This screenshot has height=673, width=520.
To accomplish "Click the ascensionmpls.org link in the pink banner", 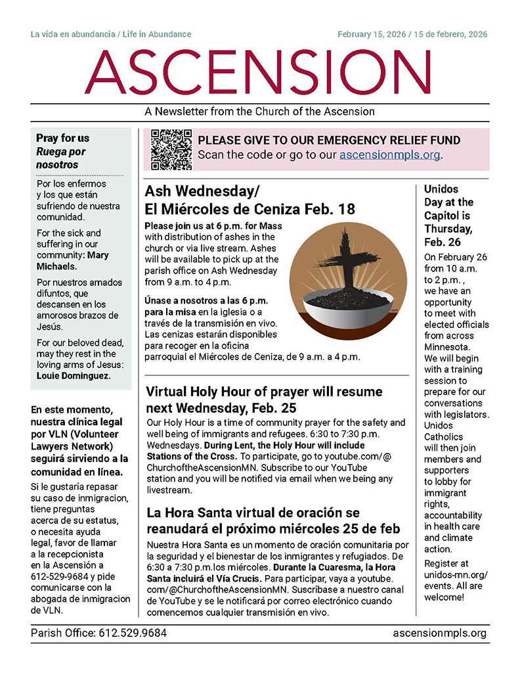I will (390, 156).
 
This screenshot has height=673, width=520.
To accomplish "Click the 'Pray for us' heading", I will (62, 139).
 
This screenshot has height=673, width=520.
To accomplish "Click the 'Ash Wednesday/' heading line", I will (202, 191).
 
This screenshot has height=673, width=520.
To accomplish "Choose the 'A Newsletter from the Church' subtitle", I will (259, 112).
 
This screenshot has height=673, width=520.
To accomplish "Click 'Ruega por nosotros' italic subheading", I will (61, 158).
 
